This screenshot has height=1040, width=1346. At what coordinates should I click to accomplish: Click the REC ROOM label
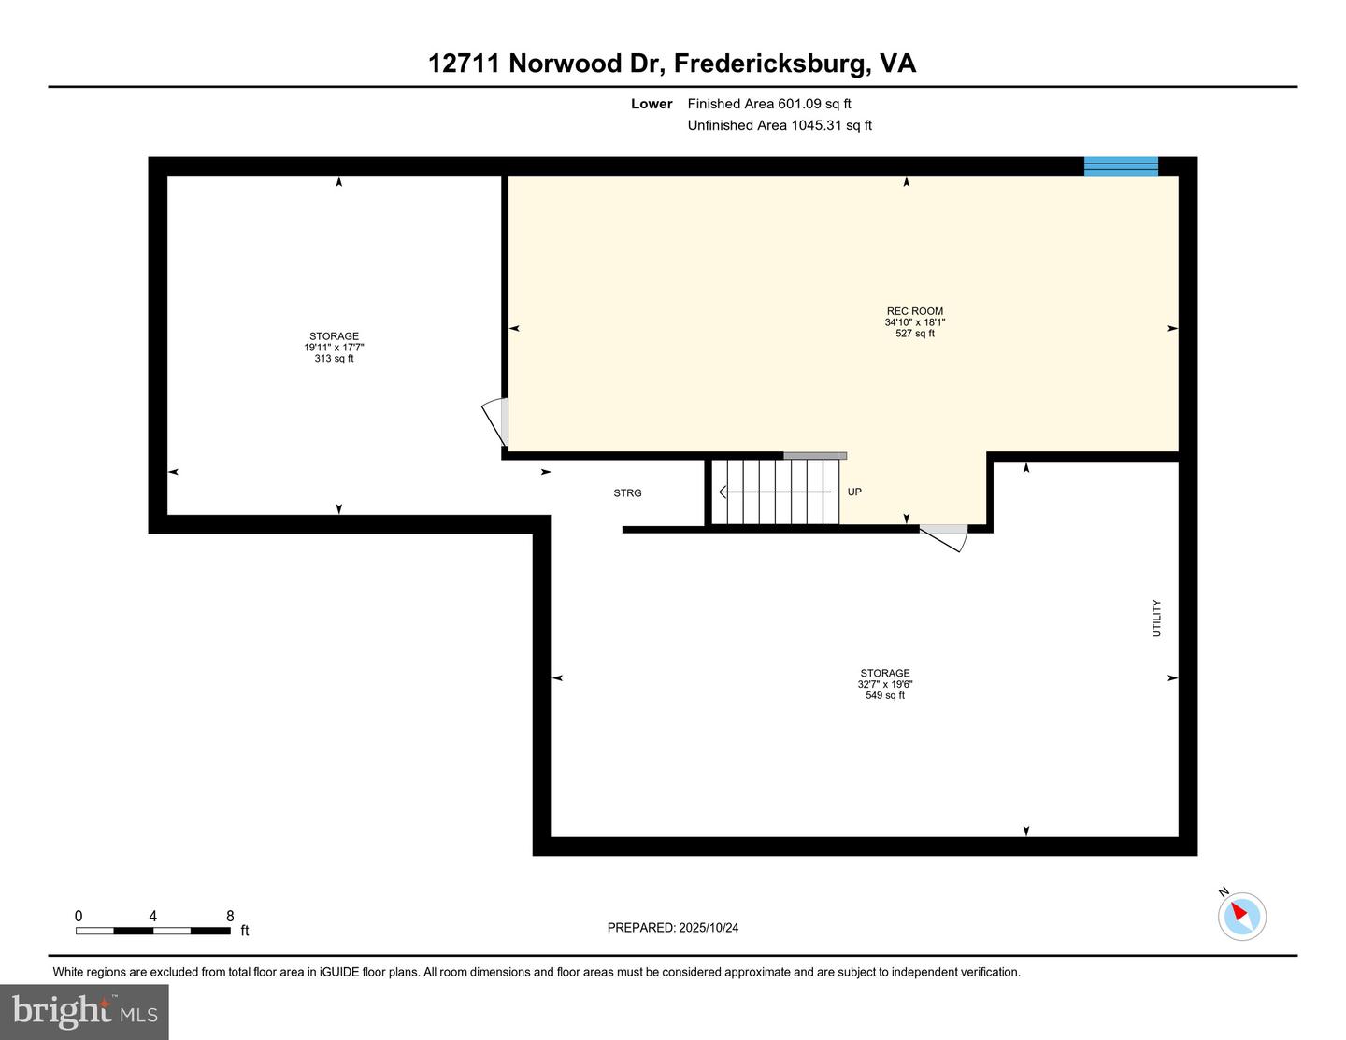(914, 311)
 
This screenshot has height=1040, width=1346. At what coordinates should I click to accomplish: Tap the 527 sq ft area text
(914, 334)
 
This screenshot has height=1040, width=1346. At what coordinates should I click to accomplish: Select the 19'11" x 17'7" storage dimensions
(334, 348)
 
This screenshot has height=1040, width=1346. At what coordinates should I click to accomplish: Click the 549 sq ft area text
(884, 695)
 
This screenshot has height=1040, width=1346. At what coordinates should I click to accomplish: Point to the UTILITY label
(1156, 619)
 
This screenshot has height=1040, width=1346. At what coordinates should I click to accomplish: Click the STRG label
(627, 493)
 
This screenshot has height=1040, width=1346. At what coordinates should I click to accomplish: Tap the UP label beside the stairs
(854, 492)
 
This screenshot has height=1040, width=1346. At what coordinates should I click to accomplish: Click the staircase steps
(775, 492)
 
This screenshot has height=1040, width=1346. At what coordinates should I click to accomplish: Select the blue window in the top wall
(1121, 166)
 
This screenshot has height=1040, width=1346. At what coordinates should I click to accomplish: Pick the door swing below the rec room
(944, 536)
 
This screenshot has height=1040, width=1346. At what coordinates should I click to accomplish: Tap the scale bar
(152, 931)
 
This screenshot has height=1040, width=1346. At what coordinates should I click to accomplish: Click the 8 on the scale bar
(230, 916)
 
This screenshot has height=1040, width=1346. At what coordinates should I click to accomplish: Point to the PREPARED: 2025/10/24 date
(673, 928)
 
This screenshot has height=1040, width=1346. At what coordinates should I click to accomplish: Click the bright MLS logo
(84, 1011)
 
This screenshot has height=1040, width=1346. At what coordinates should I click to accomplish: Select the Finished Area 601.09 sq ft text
(769, 104)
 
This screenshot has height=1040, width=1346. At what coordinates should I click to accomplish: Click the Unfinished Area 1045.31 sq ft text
(780, 125)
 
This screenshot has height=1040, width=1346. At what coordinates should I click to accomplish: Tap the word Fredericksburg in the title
(770, 64)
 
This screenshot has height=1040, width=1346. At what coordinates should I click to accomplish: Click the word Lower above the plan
(652, 104)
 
